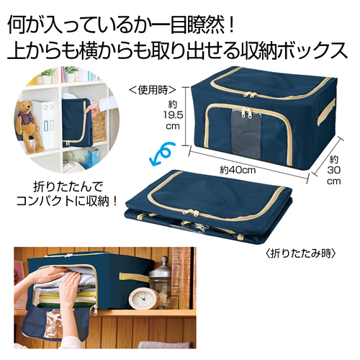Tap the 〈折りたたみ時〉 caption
click(301, 253)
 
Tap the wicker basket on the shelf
click(98, 126)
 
